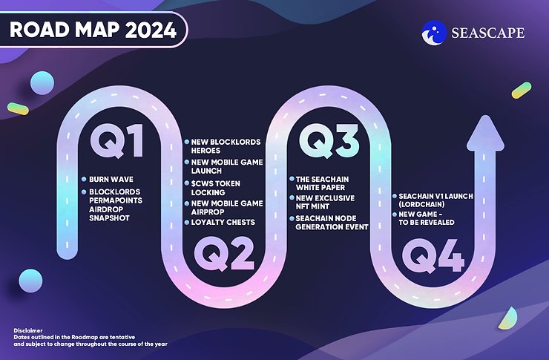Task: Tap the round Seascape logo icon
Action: pyautogui.click(x=434, y=32)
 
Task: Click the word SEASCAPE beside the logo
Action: pyautogui.click(x=487, y=33)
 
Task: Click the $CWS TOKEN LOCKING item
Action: pyautogui.click(x=217, y=187)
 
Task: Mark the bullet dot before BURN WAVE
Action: pyautogui.click(x=82, y=180)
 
